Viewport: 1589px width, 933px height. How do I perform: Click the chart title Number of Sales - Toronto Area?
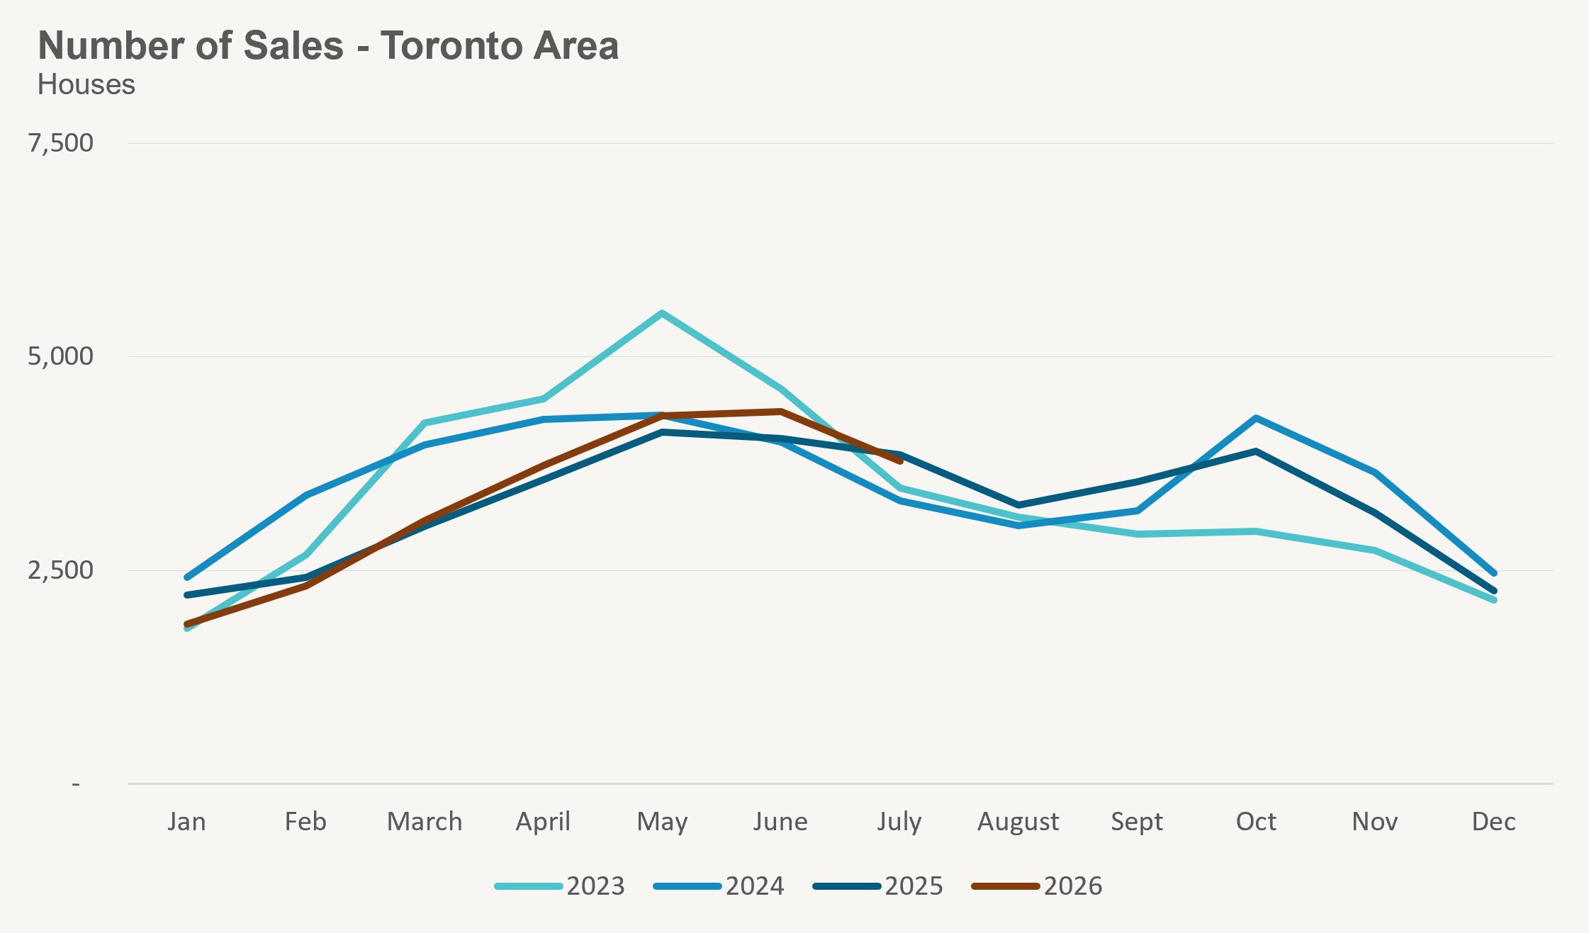point(328,46)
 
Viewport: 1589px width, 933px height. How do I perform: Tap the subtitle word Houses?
point(86,85)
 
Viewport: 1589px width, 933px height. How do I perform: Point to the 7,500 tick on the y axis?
point(61,143)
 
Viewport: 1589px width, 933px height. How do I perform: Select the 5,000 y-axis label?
point(61,356)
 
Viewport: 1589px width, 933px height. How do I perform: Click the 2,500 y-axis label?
point(61,570)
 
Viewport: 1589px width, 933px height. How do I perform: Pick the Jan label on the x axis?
point(187,822)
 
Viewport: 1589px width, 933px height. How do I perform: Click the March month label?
point(425,822)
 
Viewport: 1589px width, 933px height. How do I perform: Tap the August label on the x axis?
point(1018,822)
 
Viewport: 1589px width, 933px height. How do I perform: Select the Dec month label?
point(1494,822)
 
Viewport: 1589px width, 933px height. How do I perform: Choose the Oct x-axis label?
point(1256,822)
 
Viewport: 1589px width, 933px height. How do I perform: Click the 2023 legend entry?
point(560,886)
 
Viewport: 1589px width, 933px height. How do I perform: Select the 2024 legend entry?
point(719,886)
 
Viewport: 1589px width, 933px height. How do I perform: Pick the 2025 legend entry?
point(878,886)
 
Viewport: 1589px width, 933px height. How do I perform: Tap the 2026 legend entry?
point(1037,886)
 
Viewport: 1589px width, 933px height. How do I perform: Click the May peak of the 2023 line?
point(662,313)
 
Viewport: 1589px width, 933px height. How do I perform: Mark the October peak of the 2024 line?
point(1256,418)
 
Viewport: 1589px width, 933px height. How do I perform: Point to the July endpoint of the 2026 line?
point(900,461)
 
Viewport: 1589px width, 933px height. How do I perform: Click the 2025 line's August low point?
point(1018,505)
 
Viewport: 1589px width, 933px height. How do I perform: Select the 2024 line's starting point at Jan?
point(187,577)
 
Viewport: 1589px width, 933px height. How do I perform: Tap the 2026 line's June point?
point(780,411)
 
